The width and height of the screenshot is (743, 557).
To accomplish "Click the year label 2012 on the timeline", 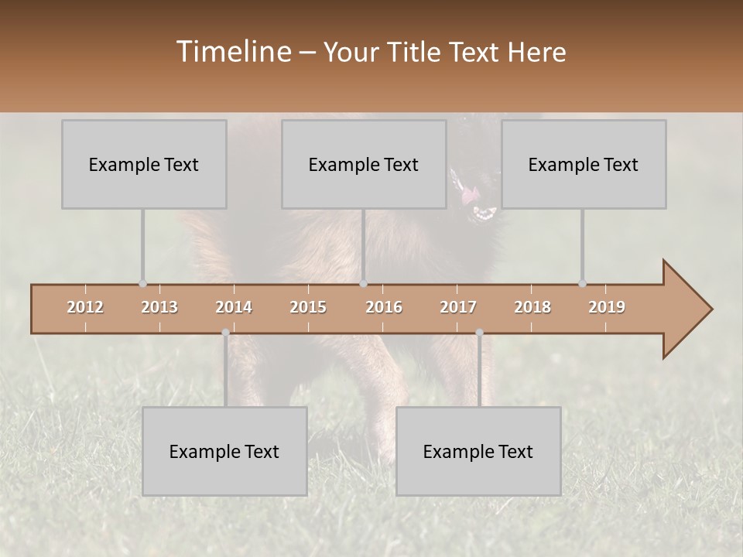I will [x=85, y=307].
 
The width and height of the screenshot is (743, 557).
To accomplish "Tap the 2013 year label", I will [x=159, y=307].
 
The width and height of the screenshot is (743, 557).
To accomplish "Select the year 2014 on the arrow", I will [x=234, y=307].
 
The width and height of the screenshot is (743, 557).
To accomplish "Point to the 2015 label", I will [x=308, y=307].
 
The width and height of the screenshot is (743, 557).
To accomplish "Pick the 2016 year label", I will [x=384, y=307].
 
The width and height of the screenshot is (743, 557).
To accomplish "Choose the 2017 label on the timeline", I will [x=458, y=307].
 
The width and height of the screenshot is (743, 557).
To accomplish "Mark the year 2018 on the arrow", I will [x=532, y=307].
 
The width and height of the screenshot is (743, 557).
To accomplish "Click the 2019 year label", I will [x=607, y=307].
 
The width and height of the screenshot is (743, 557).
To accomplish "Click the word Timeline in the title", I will [x=232, y=52].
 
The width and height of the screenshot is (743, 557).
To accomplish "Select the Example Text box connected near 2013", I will [x=144, y=165].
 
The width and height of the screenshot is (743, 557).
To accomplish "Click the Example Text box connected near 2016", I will [x=364, y=165].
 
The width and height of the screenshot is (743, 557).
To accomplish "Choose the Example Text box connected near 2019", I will [x=584, y=165].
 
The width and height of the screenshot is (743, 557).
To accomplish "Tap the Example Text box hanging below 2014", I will [x=224, y=451].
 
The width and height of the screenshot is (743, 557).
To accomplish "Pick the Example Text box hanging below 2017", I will [x=478, y=451].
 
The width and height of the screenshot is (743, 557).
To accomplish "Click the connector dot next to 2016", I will [x=364, y=283].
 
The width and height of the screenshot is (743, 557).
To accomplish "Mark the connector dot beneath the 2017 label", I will [x=479, y=333].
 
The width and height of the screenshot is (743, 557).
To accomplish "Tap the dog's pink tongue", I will [x=469, y=196].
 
